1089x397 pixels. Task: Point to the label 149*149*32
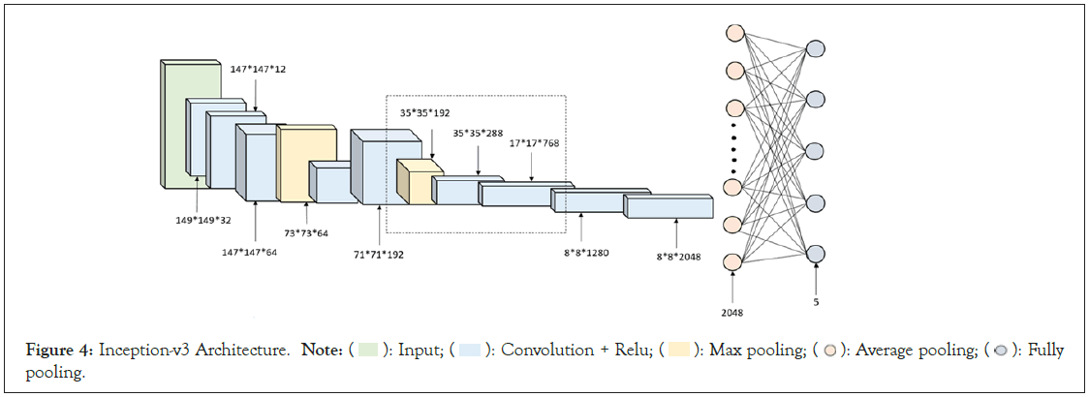(197, 219)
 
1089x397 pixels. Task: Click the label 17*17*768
(534, 142)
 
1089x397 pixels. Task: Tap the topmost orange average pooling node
(733, 32)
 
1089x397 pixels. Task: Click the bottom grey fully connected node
(816, 253)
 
